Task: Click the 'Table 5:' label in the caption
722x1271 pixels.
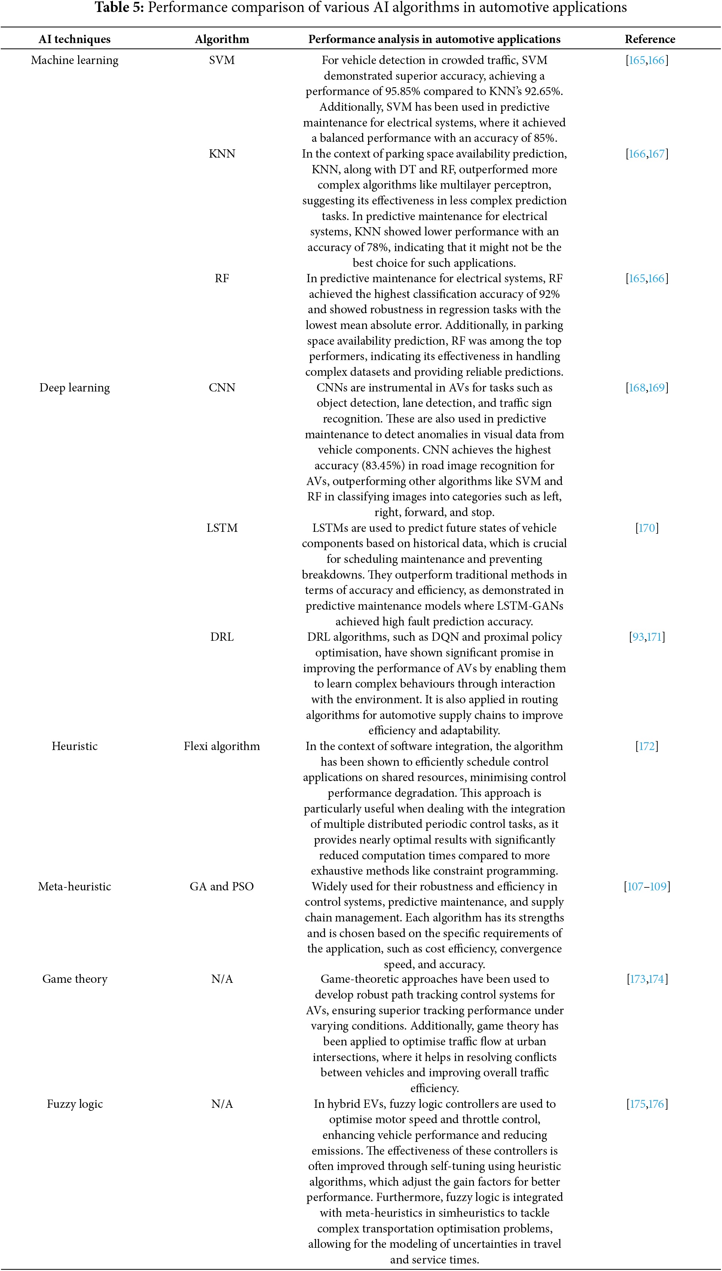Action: tap(119, 8)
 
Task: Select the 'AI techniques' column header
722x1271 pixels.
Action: tap(74, 39)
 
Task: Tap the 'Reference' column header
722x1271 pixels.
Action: tap(649, 39)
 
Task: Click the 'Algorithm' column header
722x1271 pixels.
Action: tap(222, 39)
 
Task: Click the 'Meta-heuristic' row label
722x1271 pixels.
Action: tap(74, 887)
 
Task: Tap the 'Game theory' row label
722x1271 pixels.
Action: tap(74, 979)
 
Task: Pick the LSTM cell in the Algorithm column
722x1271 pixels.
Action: tap(222, 528)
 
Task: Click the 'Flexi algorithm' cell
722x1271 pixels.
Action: tap(222, 746)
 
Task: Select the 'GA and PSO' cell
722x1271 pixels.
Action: tap(222, 887)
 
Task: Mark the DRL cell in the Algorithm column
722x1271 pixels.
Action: tap(222, 637)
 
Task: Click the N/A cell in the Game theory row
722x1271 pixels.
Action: tap(222, 979)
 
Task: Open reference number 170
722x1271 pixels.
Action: tap(647, 528)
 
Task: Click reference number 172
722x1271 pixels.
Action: tap(647, 746)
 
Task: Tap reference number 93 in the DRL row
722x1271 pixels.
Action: tap(638, 637)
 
